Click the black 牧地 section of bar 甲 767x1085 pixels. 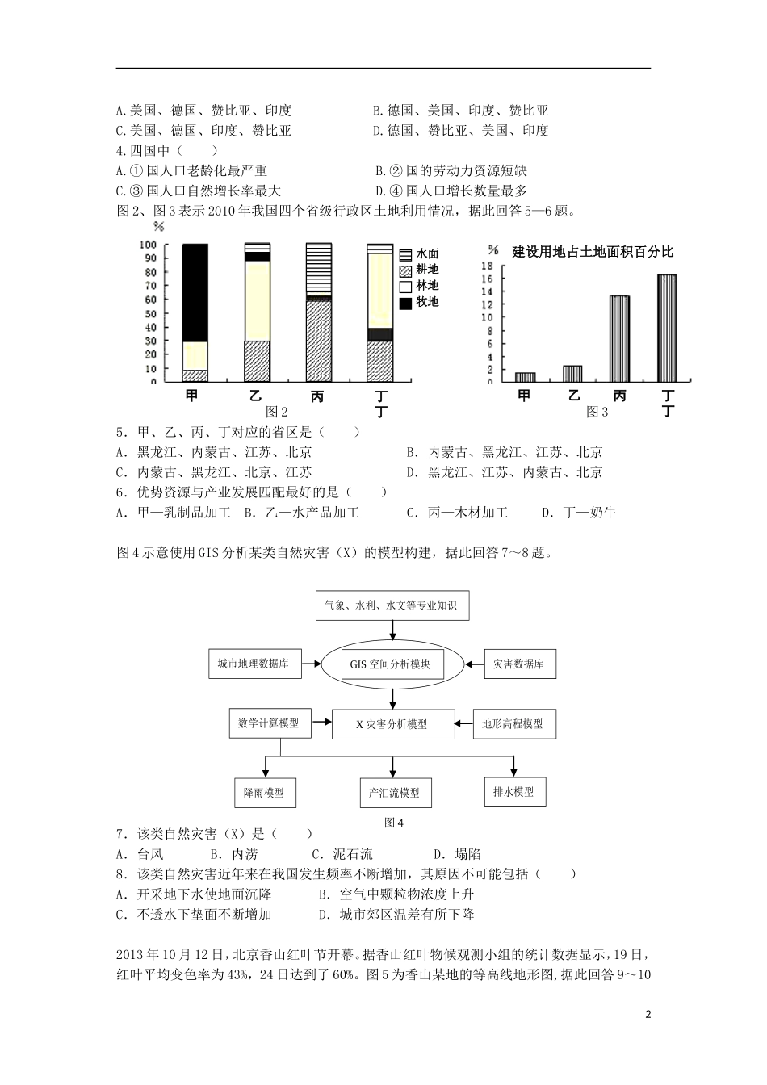(195, 292)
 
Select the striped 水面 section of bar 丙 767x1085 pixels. (318, 270)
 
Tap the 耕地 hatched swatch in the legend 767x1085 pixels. (406, 270)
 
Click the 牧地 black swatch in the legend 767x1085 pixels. (406, 303)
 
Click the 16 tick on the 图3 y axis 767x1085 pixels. (487, 279)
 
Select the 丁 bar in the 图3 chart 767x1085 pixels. (667, 328)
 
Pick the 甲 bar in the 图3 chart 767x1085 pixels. (525, 376)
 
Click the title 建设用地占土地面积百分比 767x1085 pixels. (593, 252)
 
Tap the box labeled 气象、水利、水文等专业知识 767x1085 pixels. (392, 605)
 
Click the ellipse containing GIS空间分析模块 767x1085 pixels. (392, 665)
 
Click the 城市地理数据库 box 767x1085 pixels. (253, 664)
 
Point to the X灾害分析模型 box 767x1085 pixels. (392, 724)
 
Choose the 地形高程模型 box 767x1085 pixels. (512, 724)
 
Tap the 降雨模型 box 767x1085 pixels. (263, 793)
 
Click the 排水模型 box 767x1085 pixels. (513, 792)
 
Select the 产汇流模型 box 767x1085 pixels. (395, 793)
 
